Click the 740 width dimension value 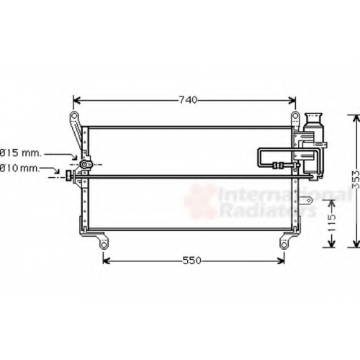pos(188,100)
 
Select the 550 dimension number pos(192,261)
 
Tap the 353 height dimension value pos(356,179)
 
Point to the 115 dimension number pos(332,223)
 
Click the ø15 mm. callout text pos(20,153)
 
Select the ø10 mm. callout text pos(19,168)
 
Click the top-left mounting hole pos(74,116)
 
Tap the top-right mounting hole pos(295,117)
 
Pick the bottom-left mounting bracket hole pos(104,246)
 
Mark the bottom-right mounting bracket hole pos(284,246)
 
